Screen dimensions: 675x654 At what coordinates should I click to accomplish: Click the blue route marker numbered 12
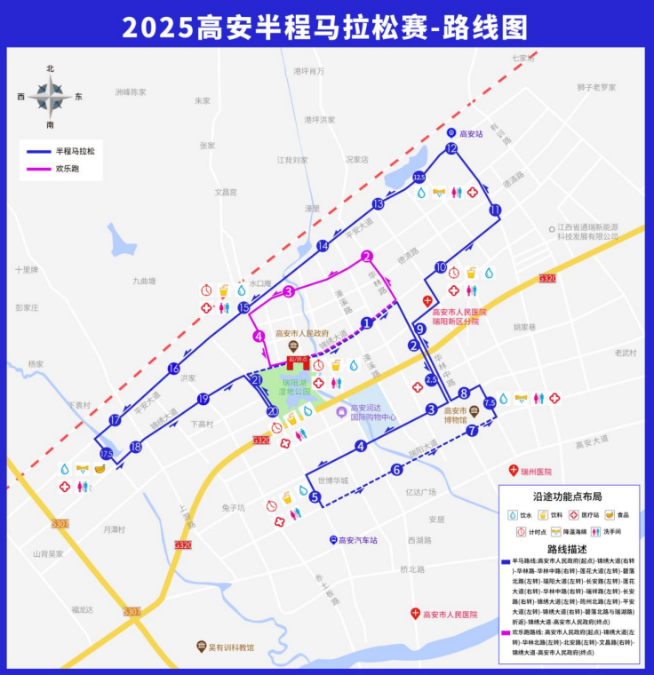tap(451, 149)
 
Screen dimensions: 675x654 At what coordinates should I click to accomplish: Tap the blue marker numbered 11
tap(495, 210)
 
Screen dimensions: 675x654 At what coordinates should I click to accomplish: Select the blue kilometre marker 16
tap(174, 369)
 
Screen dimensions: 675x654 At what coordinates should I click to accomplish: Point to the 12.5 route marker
tap(419, 179)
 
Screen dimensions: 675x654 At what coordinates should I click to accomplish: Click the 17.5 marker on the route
tap(107, 455)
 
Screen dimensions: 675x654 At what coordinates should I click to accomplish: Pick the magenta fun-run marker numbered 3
tap(288, 291)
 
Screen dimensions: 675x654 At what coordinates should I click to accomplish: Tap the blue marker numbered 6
tap(396, 470)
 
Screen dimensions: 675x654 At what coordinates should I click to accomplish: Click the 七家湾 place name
tap(524, 58)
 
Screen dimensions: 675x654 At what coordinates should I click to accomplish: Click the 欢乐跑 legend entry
tap(68, 168)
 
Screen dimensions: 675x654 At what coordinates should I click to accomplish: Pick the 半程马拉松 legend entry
tap(76, 151)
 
